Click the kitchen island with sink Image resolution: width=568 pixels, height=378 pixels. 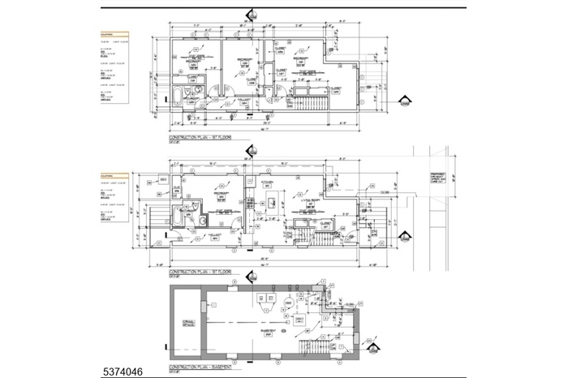tap(273, 198)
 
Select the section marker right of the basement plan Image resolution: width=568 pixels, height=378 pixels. tap(374, 350)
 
